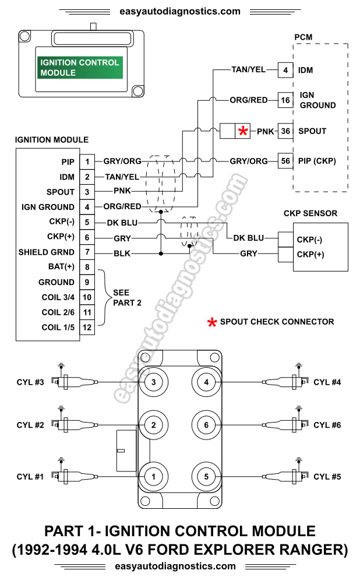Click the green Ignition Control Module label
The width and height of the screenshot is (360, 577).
[80, 68]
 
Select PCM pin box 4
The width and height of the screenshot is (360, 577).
[285, 70]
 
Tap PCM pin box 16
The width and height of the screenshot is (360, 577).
[285, 100]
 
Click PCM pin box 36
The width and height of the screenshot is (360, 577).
[285, 131]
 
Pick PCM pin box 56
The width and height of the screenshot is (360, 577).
[285, 161]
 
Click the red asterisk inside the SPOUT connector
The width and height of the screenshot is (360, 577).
[243, 131]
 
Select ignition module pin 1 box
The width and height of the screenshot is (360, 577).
[87, 161]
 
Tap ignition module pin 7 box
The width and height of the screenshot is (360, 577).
[87, 252]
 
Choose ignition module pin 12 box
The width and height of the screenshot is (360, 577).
[87, 328]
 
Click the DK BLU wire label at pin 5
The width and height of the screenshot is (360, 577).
[121, 222]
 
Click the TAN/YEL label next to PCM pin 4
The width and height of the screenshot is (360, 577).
[248, 70]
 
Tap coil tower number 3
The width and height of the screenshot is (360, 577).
[153, 382]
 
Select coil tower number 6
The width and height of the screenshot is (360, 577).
[206, 425]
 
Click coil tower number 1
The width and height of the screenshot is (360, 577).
[153, 477]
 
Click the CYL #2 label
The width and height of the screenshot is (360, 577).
[30, 425]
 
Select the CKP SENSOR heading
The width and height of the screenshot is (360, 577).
[310, 213]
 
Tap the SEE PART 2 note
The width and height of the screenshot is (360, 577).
[122, 297]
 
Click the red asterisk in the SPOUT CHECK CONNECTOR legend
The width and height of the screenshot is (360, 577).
[212, 322]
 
